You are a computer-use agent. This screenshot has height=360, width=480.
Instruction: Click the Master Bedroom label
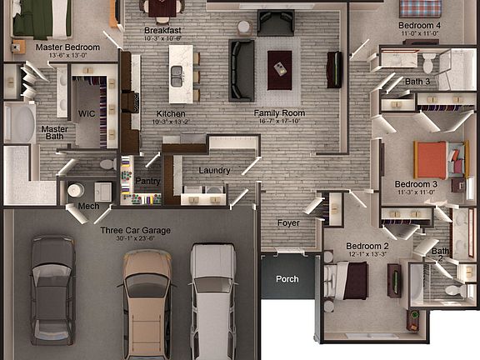[67, 47]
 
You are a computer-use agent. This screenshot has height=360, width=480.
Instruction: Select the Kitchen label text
[170, 113]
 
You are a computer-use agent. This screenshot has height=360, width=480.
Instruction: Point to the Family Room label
[279, 113]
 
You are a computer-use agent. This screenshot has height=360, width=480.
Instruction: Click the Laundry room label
[214, 171]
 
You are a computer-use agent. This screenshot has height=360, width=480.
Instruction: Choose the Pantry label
[147, 181]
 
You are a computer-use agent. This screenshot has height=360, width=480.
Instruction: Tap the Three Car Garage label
[135, 230]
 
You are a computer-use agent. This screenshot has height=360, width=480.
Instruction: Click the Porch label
[287, 279]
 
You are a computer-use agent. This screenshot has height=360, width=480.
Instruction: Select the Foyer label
[287, 222]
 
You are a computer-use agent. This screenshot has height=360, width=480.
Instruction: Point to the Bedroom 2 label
[367, 247]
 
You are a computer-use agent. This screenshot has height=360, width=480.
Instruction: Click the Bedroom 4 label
[418, 26]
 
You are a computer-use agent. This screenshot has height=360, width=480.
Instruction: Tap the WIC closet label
[86, 113]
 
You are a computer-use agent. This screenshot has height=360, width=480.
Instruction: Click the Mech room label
[88, 206]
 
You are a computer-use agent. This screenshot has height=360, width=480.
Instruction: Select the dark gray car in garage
[52, 287]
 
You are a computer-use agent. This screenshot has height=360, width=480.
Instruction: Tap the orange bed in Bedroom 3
[437, 158]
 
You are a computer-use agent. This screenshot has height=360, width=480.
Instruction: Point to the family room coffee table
[279, 63]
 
